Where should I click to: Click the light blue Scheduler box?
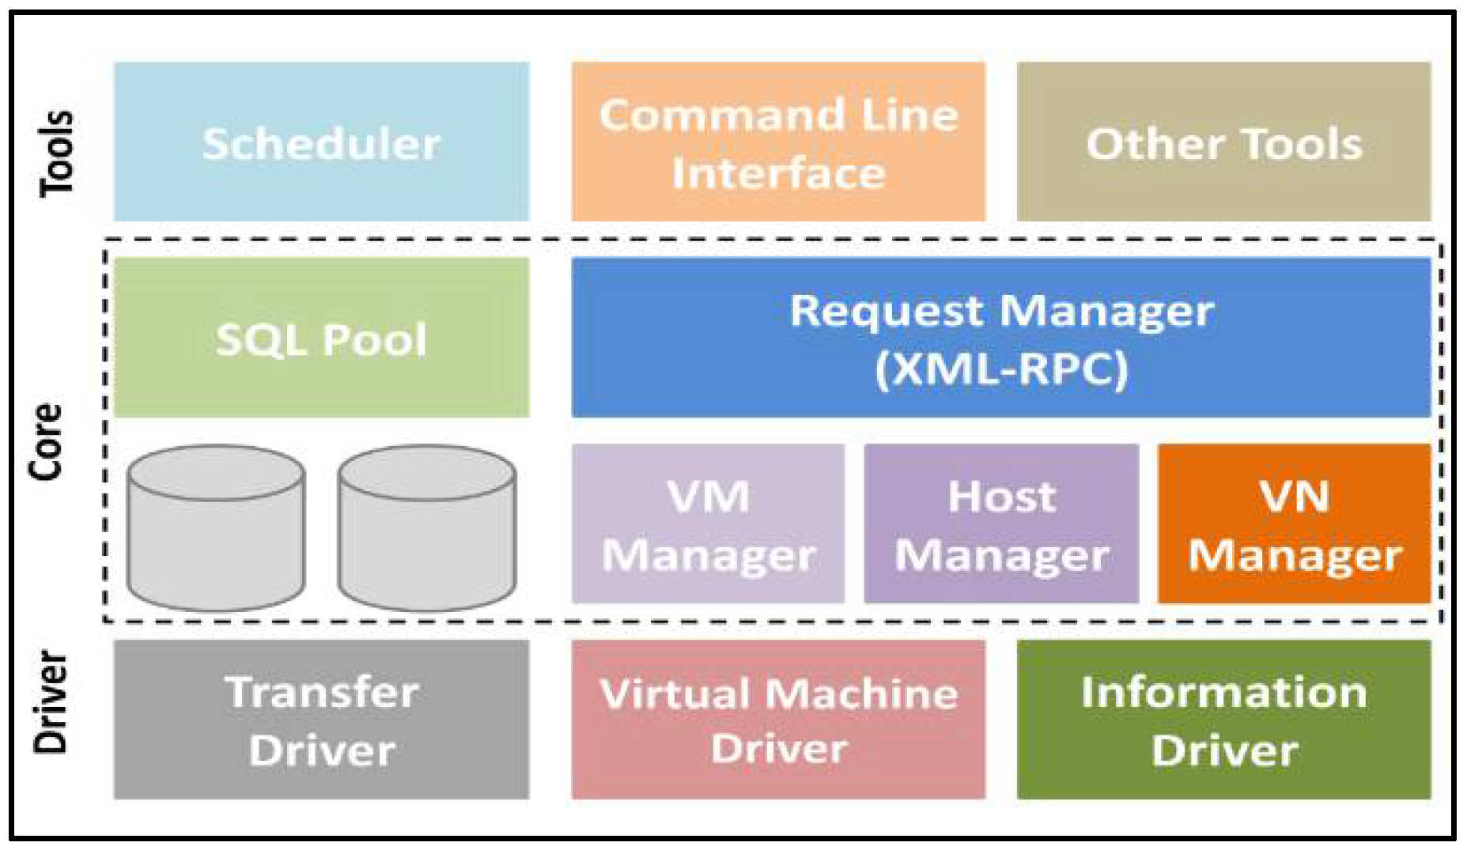pos(321,142)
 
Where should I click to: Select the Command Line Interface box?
pos(778,142)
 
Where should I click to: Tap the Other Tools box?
pos(1223,142)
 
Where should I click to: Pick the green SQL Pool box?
pos(321,338)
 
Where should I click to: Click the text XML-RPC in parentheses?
pos(1001,369)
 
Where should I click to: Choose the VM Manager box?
pos(708,524)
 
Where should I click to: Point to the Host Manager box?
pos(1001,524)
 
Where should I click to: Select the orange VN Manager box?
pos(1294,524)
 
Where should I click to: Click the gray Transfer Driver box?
pos(321,720)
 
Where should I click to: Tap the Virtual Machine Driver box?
pos(778,720)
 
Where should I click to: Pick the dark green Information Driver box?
pos(1223,720)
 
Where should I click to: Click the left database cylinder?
pos(216,528)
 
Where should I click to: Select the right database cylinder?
pos(427,528)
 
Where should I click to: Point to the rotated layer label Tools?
pos(57,153)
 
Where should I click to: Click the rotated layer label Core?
pos(45,441)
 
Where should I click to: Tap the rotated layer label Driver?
pos(51,702)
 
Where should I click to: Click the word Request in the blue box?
pos(886,312)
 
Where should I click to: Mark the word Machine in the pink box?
pos(862,693)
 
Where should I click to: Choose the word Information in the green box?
pos(1223,693)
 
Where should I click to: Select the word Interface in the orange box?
pos(778,173)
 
